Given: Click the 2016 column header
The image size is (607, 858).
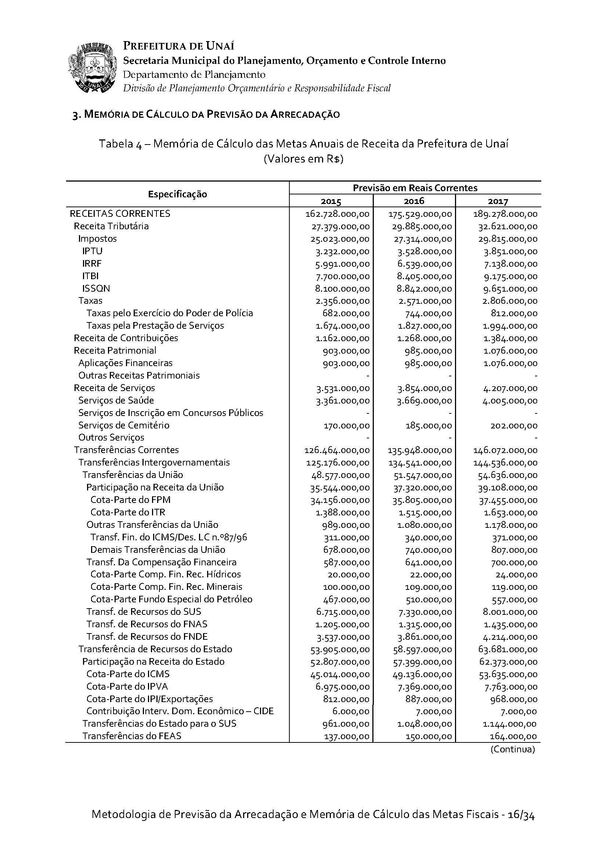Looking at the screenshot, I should [x=413, y=201].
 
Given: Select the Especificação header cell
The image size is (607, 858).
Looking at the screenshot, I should [x=177, y=194].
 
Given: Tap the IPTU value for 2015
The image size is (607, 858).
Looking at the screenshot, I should [x=342, y=252].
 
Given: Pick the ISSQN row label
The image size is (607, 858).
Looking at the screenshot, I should [x=96, y=288].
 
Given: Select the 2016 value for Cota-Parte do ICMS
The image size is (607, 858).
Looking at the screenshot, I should [x=422, y=675].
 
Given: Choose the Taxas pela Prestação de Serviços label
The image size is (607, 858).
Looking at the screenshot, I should [x=155, y=326].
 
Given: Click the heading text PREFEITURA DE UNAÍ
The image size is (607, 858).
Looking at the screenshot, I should [x=179, y=46].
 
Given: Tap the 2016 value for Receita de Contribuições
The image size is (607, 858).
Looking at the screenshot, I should [x=424, y=339].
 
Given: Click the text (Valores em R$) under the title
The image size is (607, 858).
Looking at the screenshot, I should [x=303, y=159].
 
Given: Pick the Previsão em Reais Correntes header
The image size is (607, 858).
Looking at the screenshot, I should [x=415, y=187].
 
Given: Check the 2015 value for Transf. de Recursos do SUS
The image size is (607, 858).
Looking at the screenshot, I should [x=343, y=612].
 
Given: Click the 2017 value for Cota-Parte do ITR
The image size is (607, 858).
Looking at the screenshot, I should [x=508, y=513].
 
